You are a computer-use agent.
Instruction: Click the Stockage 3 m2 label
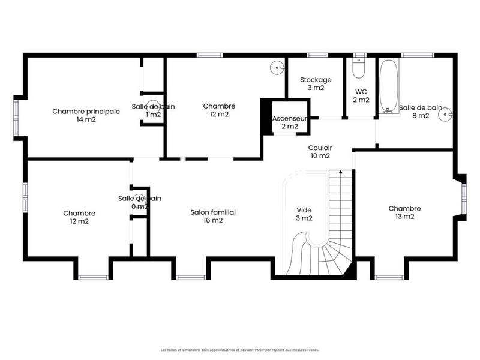(x=316, y=83)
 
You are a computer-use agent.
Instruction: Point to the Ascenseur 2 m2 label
(x=289, y=122)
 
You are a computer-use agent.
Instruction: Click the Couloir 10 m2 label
(x=320, y=152)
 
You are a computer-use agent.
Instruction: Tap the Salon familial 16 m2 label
(x=213, y=216)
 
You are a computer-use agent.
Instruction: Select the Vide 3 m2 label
(x=304, y=214)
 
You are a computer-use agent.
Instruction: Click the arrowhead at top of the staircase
(x=340, y=172)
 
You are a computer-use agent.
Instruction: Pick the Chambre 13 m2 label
(x=404, y=212)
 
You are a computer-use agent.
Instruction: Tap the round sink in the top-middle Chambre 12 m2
(x=277, y=67)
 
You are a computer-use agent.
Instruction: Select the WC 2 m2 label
(x=361, y=96)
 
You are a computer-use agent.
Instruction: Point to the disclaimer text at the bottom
(x=240, y=349)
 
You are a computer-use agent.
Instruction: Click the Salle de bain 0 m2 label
(x=139, y=202)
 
